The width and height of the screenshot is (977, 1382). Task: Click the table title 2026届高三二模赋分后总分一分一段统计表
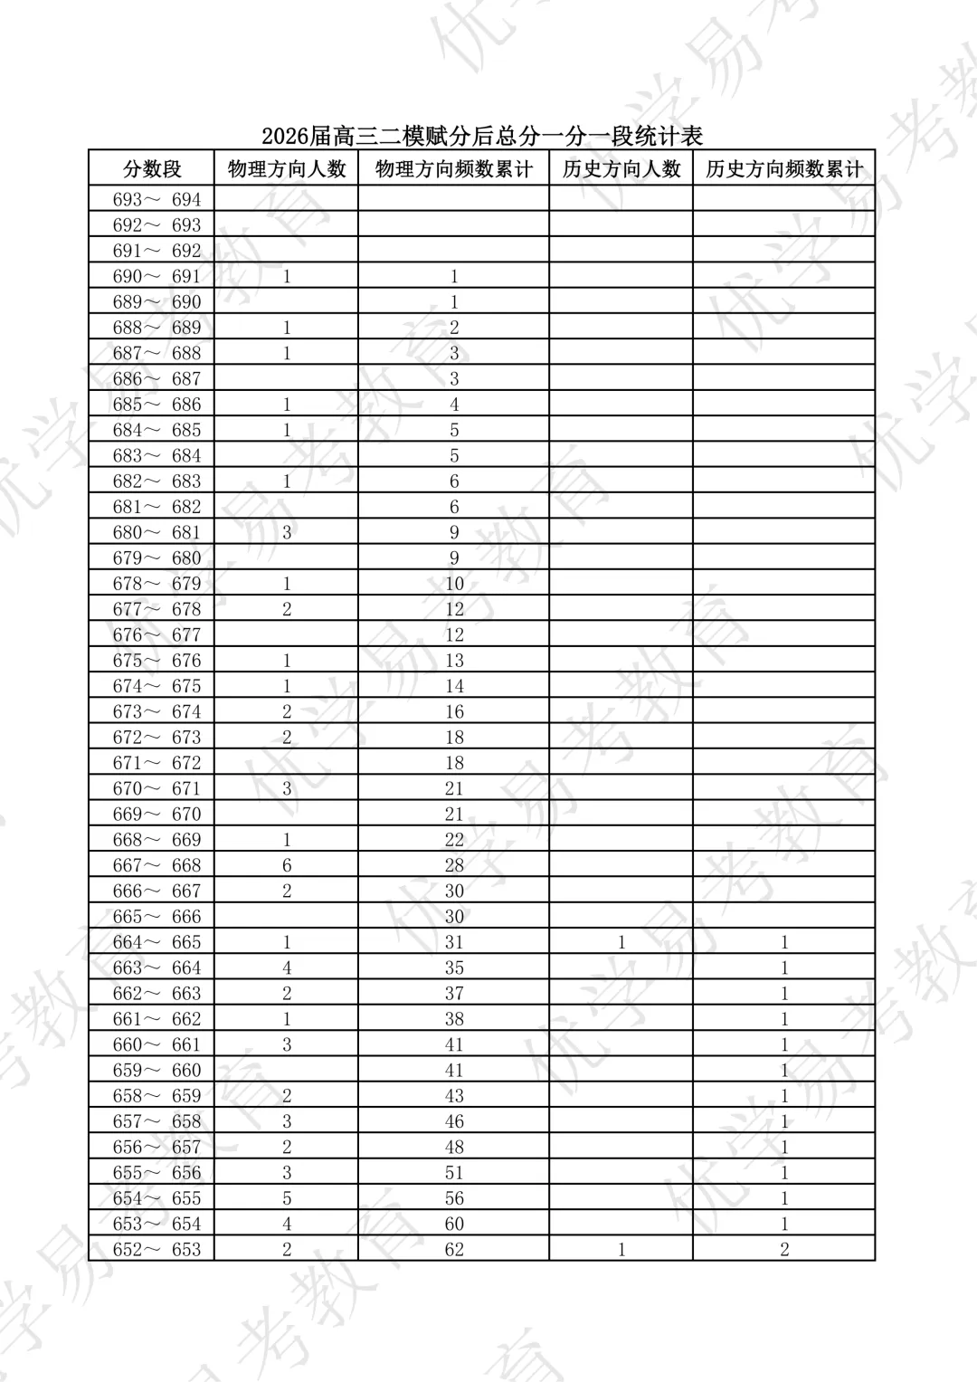[x=482, y=136]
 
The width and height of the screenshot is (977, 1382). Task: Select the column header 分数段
[x=152, y=169]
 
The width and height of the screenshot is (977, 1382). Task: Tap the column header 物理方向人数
[x=287, y=169]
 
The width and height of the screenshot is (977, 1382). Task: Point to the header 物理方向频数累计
[x=454, y=169]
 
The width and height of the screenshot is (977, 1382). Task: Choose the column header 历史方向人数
[x=621, y=169]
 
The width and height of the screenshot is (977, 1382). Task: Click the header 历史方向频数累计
[x=784, y=169]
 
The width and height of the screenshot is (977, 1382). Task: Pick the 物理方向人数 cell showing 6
[x=287, y=866]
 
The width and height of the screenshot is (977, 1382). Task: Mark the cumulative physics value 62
[x=454, y=1250]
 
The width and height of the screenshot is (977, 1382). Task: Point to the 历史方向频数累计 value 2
[x=784, y=1250]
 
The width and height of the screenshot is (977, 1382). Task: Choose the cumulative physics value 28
[x=454, y=866]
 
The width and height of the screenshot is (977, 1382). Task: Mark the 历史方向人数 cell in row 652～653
[x=621, y=1250]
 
